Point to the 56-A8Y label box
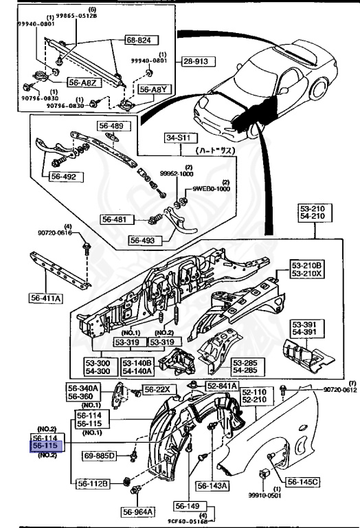[x=153, y=89]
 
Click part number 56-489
[x=112, y=126]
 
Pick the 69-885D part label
[x=100, y=455]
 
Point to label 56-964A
[x=139, y=511]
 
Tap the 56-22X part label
[x=161, y=390]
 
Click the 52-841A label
[x=221, y=386]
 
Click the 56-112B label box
[x=93, y=483]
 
